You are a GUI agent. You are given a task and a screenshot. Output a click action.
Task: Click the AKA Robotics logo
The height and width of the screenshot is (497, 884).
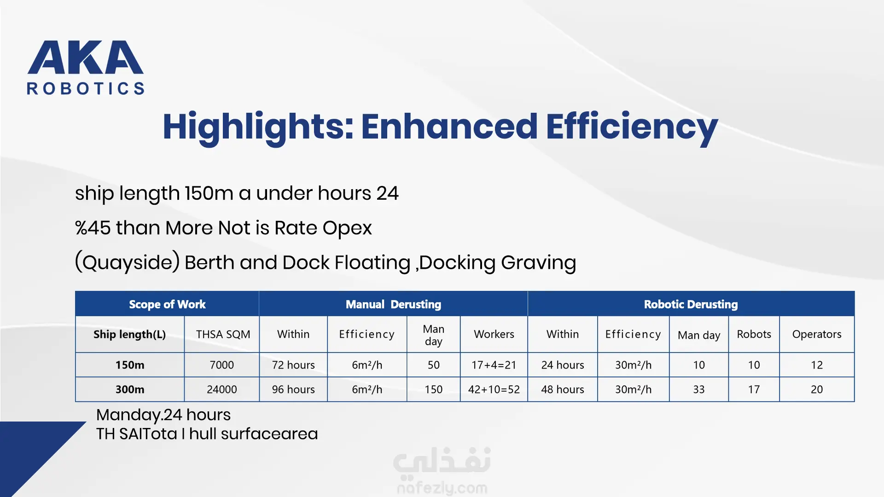[86, 68]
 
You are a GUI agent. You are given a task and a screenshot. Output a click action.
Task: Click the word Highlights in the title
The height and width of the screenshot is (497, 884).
[258, 127]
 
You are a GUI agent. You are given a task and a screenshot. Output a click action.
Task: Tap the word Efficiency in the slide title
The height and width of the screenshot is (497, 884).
[632, 127]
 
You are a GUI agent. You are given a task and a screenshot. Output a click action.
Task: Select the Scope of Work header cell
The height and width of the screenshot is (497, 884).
[167, 304]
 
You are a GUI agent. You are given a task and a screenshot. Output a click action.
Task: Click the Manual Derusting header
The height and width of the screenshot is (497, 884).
[393, 304]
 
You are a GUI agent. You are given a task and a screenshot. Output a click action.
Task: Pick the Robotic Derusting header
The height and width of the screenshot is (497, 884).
[691, 304]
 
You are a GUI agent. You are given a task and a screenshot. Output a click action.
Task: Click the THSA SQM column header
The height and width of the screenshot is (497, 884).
[223, 334]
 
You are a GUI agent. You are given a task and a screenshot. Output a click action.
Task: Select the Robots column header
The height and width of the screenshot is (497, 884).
[754, 334]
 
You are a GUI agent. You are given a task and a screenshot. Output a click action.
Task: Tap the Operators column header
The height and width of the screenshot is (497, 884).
[817, 334]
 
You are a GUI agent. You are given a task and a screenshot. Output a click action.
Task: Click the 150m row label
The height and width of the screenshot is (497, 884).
[130, 365]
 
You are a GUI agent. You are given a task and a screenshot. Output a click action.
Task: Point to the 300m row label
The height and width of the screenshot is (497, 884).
[130, 389]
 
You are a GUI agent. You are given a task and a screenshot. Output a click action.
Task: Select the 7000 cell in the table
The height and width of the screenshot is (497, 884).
[222, 365]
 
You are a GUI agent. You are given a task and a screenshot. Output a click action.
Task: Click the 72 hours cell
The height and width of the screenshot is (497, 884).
[293, 365]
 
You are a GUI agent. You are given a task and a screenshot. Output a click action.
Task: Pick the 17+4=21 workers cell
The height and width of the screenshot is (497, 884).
[494, 365]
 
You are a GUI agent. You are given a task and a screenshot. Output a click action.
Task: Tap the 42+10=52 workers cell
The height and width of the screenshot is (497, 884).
[494, 389]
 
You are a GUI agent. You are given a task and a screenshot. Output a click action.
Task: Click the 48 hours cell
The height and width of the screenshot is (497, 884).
[563, 389]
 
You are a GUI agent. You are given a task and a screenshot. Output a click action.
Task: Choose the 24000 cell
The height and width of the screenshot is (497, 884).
[222, 389]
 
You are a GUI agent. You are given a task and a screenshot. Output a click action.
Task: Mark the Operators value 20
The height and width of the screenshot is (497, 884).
[817, 389]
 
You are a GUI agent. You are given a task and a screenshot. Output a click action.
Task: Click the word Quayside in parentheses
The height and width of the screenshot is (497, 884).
[128, 263]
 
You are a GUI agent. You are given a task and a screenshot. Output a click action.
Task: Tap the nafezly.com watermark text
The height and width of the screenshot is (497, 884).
[442, 488]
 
